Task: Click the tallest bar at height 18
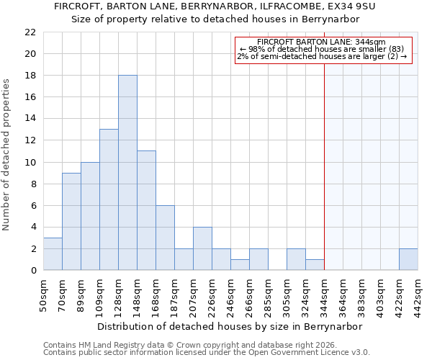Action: pyautogui.click(x=127, y=173)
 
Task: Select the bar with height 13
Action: pyautogui.click(x=109, y=199)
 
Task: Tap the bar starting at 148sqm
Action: pyautogui.click(x=146, y=210)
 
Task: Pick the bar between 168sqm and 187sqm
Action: pyautogui.click(x=165, y=238)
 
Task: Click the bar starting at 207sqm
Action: pyautogui.click(x=202, y=248)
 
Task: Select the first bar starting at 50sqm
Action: pyautogui.click(x=53, y=253)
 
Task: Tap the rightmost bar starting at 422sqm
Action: pyautogui.click(x=408, y=259)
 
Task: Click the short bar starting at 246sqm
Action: pyautogui.click(x=240, y=264)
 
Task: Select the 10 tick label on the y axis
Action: pyautogui.click(x=30, y=162)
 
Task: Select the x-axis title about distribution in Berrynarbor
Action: pyautogui.click(x=230, y=326)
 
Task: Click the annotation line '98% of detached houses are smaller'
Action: pyautogui.click(x=324, y=49)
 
